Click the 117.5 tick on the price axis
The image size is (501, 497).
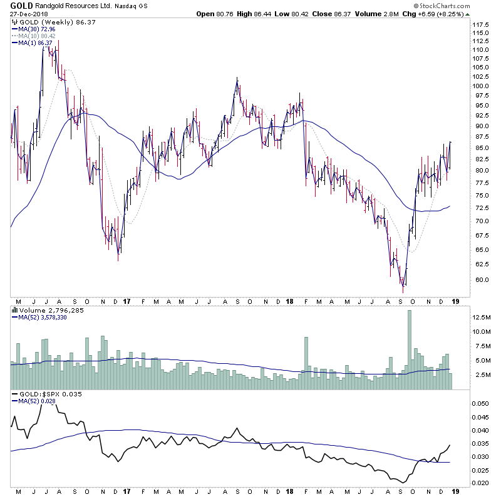pyautogui.click(x=480, y=25)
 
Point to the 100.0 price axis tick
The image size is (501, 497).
pyautogui.click(x=480, y=86)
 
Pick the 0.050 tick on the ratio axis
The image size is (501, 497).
pyautogui.click(x=480, y=404)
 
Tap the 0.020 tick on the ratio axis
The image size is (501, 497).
pyautogui.click(x=480, y=483)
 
